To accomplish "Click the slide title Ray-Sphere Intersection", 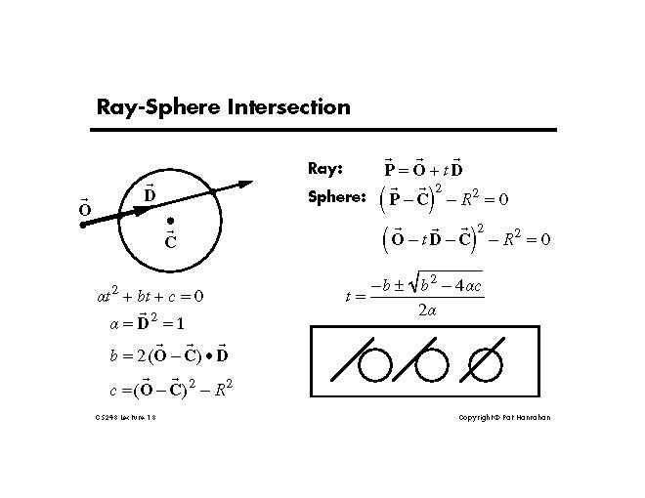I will click(x=223, y=106).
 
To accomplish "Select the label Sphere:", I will click(x=336, y=197).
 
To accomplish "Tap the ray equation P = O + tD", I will click(x=423, y=168).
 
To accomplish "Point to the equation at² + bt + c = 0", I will click(x=143, y=294).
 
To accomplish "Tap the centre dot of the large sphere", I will click(x=170, y=221).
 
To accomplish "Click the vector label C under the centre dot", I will click(x=170, y=239).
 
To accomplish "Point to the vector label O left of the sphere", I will click(x=84, y=209).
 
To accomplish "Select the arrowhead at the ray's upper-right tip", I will click(x=245, y=183).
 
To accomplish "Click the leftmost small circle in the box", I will click(x=375, y=365).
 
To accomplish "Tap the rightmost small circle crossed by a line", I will click(x=486, y=365).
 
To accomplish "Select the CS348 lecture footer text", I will click(x=122, y=417).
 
